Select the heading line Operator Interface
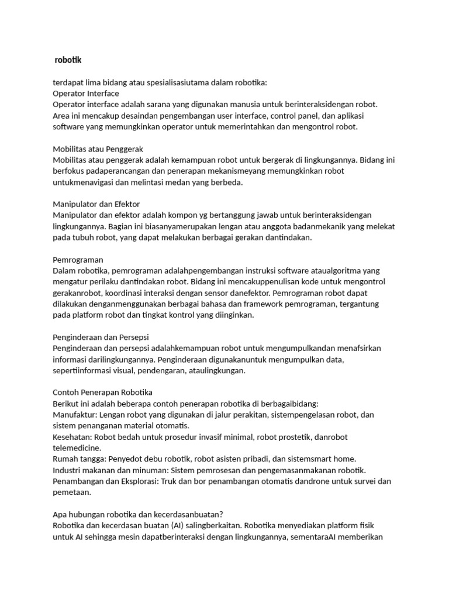(x=85, y=94)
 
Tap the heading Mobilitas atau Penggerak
(x=98, y=149)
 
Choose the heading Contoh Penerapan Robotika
(x=102, y=392)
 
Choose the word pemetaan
(x=73, y=492)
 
